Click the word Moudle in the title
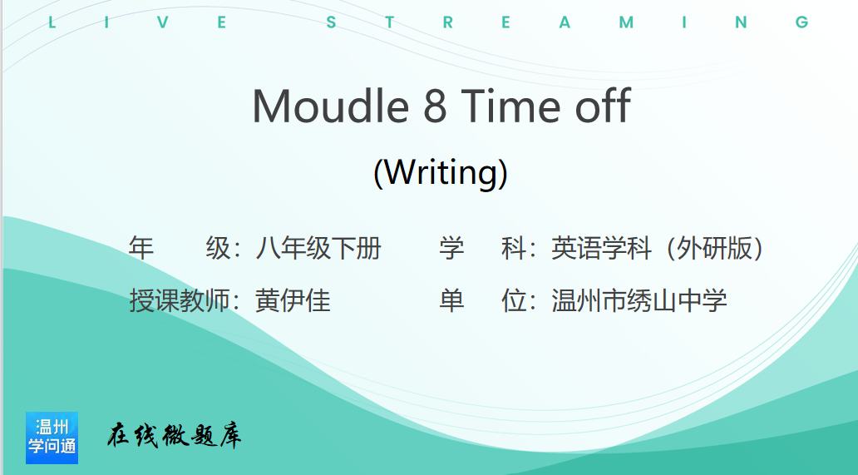tap(331, 106)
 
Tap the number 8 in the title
tap(435, 106)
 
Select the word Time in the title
tap(510, 106)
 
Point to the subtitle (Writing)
tap(441, 172)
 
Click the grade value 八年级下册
tap(318, 248)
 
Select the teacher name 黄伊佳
tap(293, 300)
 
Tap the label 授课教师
tap(180, 300)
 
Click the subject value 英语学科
tap(601, 248)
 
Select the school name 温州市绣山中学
tap(639, 300)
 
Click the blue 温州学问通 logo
tap(52, 438)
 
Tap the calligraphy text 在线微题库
tap(174, 436)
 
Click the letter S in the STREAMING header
tap(331, 22)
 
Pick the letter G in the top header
tap(802, 22)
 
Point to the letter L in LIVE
tap(52, 22)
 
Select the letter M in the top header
tap(627, 22)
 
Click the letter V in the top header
tap(162, 22)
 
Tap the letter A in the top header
tap(565, 22)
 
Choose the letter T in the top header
tap(390, 22)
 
